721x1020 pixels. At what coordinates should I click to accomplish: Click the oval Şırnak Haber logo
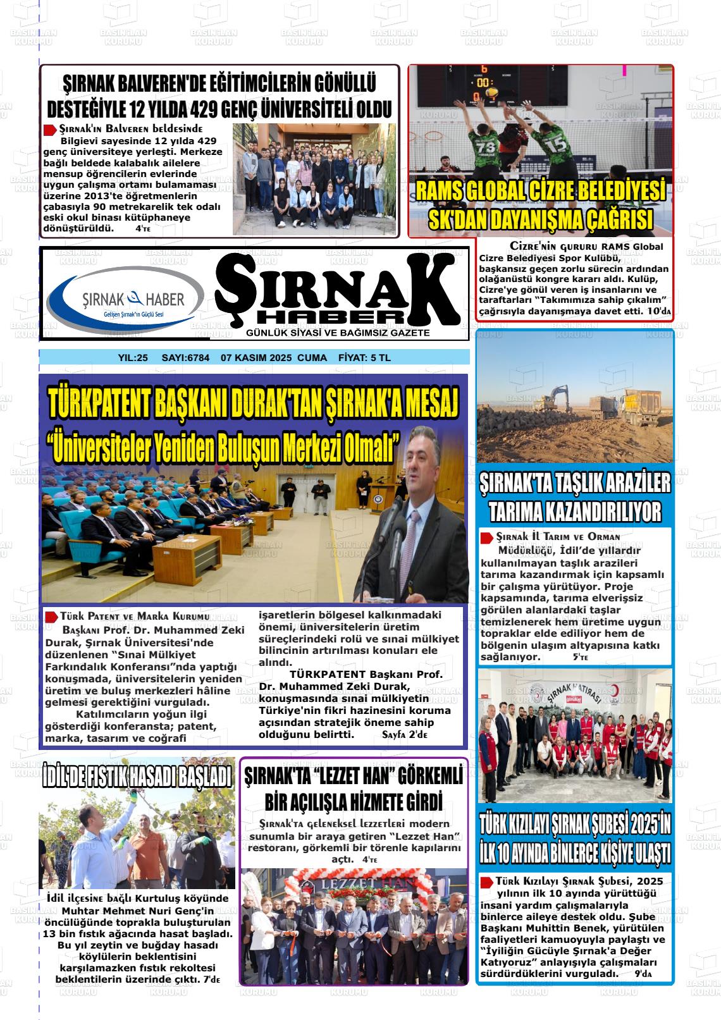tap(126, 299)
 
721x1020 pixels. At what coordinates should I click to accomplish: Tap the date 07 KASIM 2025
tap(256, 358)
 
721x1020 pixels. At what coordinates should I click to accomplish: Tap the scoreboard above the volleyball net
tap(484, 82)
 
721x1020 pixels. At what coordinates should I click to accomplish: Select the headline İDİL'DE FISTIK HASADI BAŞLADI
tap(137, 777)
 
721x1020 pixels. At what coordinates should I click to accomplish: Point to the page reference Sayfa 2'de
tap(405, 735)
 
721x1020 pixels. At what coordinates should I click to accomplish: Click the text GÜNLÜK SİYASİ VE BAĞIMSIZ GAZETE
tap(338, 333)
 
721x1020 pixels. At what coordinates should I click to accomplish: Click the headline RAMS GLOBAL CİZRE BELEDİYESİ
tap(540, 190)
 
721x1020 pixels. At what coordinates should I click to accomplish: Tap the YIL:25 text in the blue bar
tap(133, 358)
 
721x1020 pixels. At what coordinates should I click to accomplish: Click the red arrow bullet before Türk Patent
tap(51, 617)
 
